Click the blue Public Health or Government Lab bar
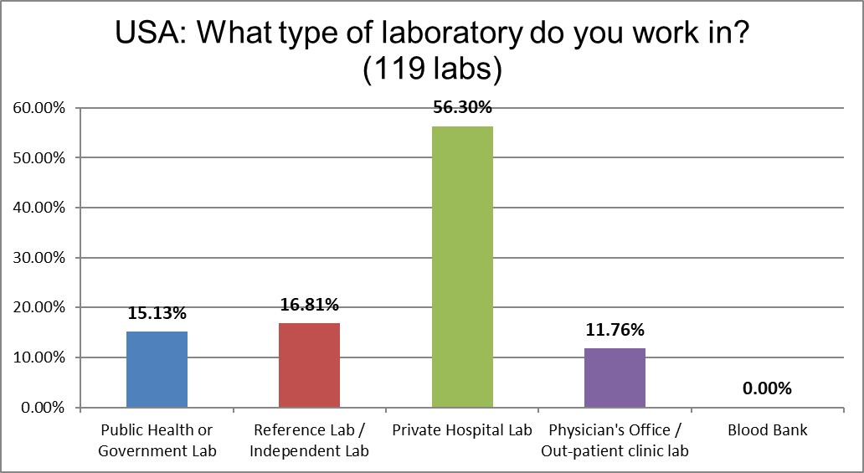(x=157, y=369)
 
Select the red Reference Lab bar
(x=309, y=365)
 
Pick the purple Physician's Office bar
(x=615, y=378)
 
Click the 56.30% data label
(x=462, y=108)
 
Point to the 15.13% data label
(x=157, y=314)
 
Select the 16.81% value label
(x=309, y=305)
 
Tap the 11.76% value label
(x=615, y=330)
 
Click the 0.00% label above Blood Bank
(x=767, y=388)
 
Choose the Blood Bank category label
(x=768, y=430)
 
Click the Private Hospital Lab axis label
(x=462, y=430)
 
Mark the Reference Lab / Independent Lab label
(x=309, y=440)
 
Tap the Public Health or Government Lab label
(x=157, y=440)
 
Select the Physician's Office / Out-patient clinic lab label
(x=615, y=440)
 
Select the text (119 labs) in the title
(x=432, y=70)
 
